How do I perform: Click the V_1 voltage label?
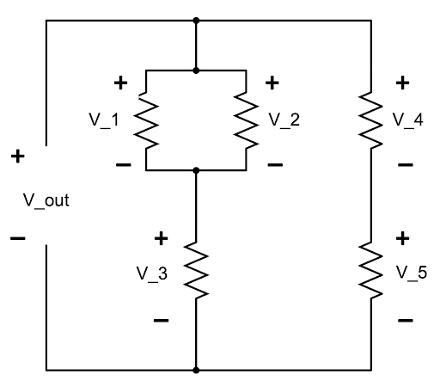[104, 120]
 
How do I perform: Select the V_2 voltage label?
[284, 120]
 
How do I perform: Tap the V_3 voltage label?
[152, 273]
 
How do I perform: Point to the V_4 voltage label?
[408, 120]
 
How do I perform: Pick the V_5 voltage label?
[412, 273]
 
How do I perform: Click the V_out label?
[46, 201]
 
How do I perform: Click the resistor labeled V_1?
[146, 120]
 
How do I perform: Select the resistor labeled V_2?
[247, 120]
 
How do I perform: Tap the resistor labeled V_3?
[196, 270]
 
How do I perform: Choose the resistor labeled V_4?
[371, 120]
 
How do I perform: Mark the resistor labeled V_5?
[371, 270]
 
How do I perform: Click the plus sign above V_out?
[18, 157]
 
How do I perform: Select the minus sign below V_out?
[18, 238]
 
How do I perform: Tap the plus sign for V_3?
[161, 238]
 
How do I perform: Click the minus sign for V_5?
[406, 320]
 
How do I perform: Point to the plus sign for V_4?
[402, 83]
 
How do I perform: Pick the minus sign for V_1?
[124, 165]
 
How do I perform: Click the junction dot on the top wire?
[196, 21]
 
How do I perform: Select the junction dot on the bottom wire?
[196, 371]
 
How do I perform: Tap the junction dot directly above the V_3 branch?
[196, 170]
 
